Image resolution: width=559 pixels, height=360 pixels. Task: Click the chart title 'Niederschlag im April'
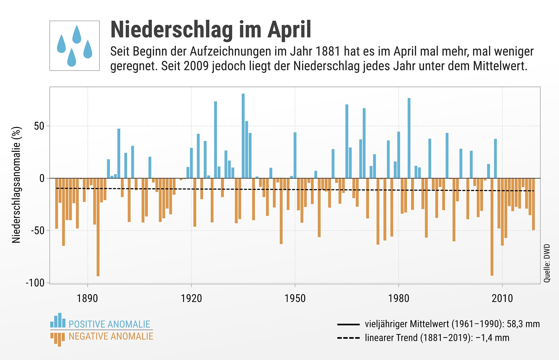tap(211, 30)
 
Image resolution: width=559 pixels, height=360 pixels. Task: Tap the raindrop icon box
tap(75, 46)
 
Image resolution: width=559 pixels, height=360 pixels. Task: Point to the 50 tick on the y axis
tap(39, 126)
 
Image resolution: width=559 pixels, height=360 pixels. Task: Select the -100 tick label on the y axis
tap(35, 283)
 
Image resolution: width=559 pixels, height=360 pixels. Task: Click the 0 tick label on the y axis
tap(42, 178)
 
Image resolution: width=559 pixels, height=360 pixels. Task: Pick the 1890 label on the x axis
tap(87, 299)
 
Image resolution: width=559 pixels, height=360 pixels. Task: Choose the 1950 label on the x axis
tap(295, 299)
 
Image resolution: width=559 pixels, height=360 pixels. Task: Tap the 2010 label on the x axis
tap(502, 299)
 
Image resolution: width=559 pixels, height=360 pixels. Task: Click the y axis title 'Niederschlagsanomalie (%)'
tap(16, 185)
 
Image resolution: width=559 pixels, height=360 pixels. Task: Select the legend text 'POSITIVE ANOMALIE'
tap(109, 324)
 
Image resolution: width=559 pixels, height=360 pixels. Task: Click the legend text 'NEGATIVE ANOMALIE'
tap(111, 336)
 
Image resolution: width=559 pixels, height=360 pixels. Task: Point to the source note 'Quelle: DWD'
tap(547, 263)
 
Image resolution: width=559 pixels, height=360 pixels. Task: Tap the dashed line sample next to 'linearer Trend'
tap(348, 338)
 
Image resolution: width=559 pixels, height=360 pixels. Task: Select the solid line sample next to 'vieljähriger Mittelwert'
tap(348, 324)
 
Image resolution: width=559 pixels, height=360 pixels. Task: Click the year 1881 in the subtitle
tap(328, 52)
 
